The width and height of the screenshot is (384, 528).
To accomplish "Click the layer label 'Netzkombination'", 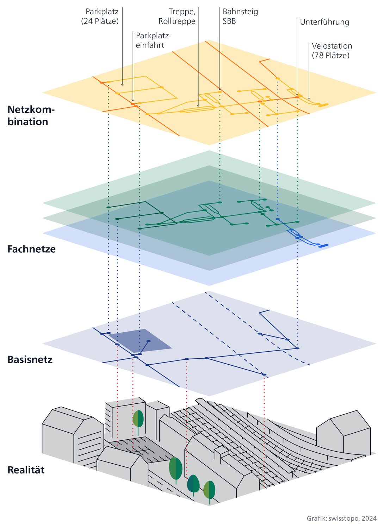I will (x=31, y=116).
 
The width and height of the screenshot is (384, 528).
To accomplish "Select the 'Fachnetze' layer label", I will (x=31, y=249).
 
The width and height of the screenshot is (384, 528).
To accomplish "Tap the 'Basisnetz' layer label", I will (x=30, y=359).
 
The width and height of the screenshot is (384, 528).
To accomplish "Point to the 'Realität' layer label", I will (x=26, y=470).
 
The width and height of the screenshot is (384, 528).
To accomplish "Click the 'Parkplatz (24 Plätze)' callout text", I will (x=100, y=16).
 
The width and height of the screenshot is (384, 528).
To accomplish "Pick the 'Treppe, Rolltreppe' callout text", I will (x=177, y=16).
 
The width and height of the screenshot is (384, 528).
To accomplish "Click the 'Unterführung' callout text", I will (x=324, y=22).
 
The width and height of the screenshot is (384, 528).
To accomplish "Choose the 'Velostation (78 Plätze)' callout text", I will (x=332, y=50).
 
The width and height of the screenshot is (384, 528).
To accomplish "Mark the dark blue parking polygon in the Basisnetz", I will (x=141, y=339).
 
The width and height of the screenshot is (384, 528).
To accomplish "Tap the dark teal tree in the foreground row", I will (x=193, y=484).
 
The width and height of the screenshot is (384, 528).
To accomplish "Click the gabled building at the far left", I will (x=70, y=433).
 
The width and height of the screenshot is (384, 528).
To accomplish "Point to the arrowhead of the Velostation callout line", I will (x=309, y=99).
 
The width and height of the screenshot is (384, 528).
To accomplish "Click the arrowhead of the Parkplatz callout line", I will (x=122, y=84).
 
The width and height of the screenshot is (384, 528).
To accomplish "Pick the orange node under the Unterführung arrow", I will (x=297, y=97).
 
